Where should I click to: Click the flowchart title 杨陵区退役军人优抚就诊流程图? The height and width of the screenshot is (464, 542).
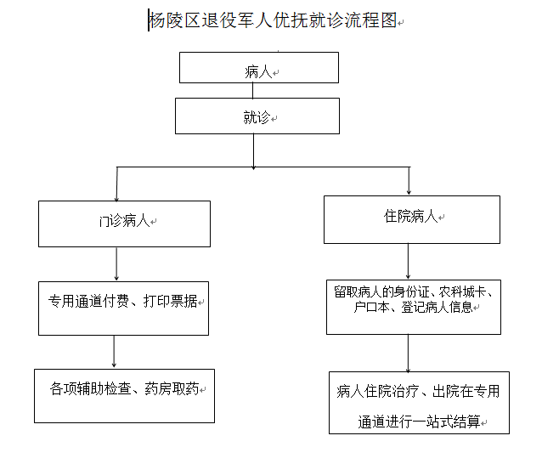(x=273, y=20)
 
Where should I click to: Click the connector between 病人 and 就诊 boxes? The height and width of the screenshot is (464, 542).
(x=252, y=91)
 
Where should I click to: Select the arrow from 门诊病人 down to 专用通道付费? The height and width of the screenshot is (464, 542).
(x=116, y=263)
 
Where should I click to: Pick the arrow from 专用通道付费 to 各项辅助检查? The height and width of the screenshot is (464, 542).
(x=114, y=351)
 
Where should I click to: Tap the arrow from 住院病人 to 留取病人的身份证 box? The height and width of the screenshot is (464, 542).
(x=409, y=262)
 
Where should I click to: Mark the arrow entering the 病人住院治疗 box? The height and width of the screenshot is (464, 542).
(x=409, y=354)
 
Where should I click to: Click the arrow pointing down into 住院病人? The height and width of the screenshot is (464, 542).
(x=409, y=181)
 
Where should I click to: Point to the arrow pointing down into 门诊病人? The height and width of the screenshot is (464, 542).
(x=117, y=184)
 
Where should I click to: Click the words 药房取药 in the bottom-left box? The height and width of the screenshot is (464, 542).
(x=172, y=388)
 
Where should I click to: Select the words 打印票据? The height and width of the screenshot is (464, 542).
(x=170, y=301)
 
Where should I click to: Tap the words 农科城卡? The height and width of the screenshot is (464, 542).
(x=462, y=292)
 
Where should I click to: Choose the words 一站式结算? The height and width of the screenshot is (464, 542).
(x=446, y=422)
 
